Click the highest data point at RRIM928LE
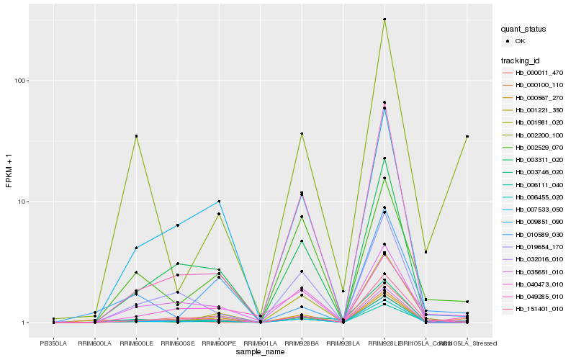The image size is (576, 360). (x=384, y=19)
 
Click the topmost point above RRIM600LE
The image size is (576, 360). (x=136, y=136)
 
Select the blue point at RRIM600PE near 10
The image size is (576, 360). (x=219, y=202)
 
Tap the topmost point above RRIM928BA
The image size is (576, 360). (x=302, y=134)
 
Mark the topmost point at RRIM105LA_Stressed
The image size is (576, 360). (x=467, y=136)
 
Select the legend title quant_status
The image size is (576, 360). (x=523, y=30)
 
